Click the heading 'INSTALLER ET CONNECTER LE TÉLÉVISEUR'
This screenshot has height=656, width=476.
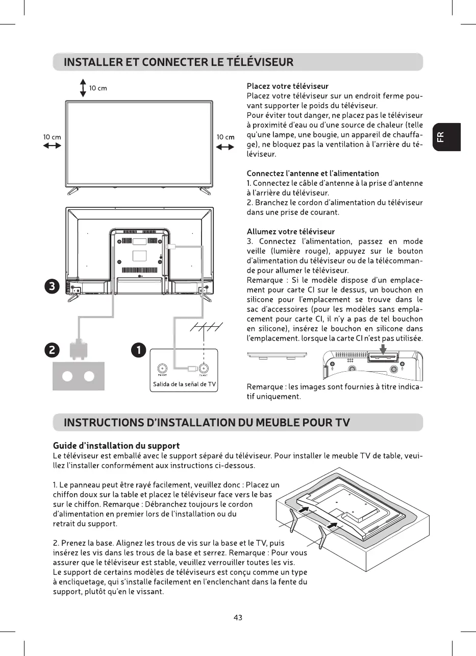(178, 63)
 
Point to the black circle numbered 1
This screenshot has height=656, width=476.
(138, 350)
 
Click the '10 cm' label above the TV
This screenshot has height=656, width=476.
(98, 88)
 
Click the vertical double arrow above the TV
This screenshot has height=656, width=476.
(83, 88)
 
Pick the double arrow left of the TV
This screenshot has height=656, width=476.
(52, 146)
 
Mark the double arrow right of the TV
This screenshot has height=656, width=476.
(226, 147)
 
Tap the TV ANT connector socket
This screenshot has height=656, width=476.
(203, 368)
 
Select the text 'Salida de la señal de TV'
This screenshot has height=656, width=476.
(184, 384)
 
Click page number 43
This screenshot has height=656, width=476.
(238, 618)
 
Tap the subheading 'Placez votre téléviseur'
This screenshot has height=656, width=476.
(287, 86)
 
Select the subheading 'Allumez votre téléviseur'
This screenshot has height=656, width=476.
(290, 232)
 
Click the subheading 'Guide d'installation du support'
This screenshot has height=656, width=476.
(116, 447)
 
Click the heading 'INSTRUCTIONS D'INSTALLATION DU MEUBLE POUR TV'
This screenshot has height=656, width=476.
(206, 423)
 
